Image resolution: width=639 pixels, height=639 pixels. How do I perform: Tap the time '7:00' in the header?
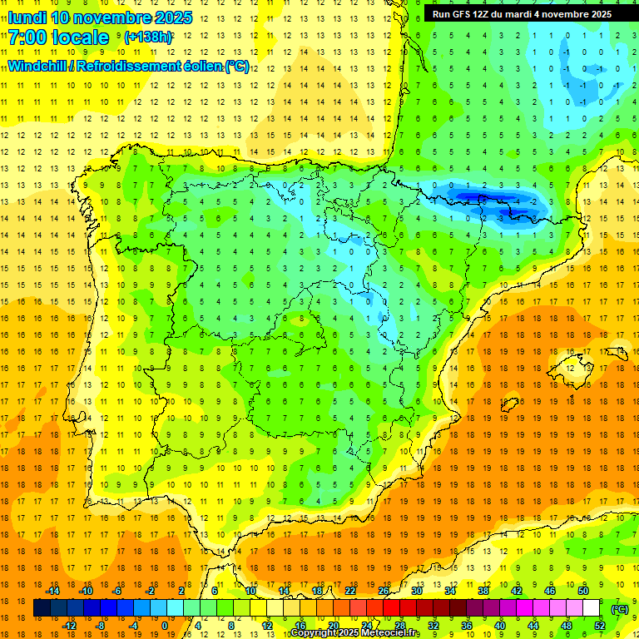(x=27, y=37)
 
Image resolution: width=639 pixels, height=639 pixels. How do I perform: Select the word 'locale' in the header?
(x=80, y=37)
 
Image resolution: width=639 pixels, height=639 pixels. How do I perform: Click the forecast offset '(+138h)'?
(x=148, y=37)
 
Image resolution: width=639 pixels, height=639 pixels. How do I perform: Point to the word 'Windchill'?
(x=36, y=66)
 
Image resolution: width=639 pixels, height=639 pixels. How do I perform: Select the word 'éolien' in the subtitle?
(x=204, y=66)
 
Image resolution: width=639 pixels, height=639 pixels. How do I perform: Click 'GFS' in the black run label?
(x=464, y=14)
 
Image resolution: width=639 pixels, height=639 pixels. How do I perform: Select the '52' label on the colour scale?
(x=599, y=626)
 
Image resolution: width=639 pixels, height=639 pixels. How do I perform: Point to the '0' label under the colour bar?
(x=165, y=626)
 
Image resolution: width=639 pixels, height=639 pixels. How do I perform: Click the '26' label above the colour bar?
(x=384, y=591)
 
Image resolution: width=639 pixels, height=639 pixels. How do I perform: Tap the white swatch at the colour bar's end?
(x=591, y=608)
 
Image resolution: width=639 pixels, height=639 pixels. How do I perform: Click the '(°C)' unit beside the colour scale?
(x=619, y=608)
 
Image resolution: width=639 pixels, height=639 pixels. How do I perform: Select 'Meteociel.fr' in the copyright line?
(x=389, y=633)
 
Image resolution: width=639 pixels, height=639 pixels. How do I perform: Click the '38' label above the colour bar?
(x=483, y=591)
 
